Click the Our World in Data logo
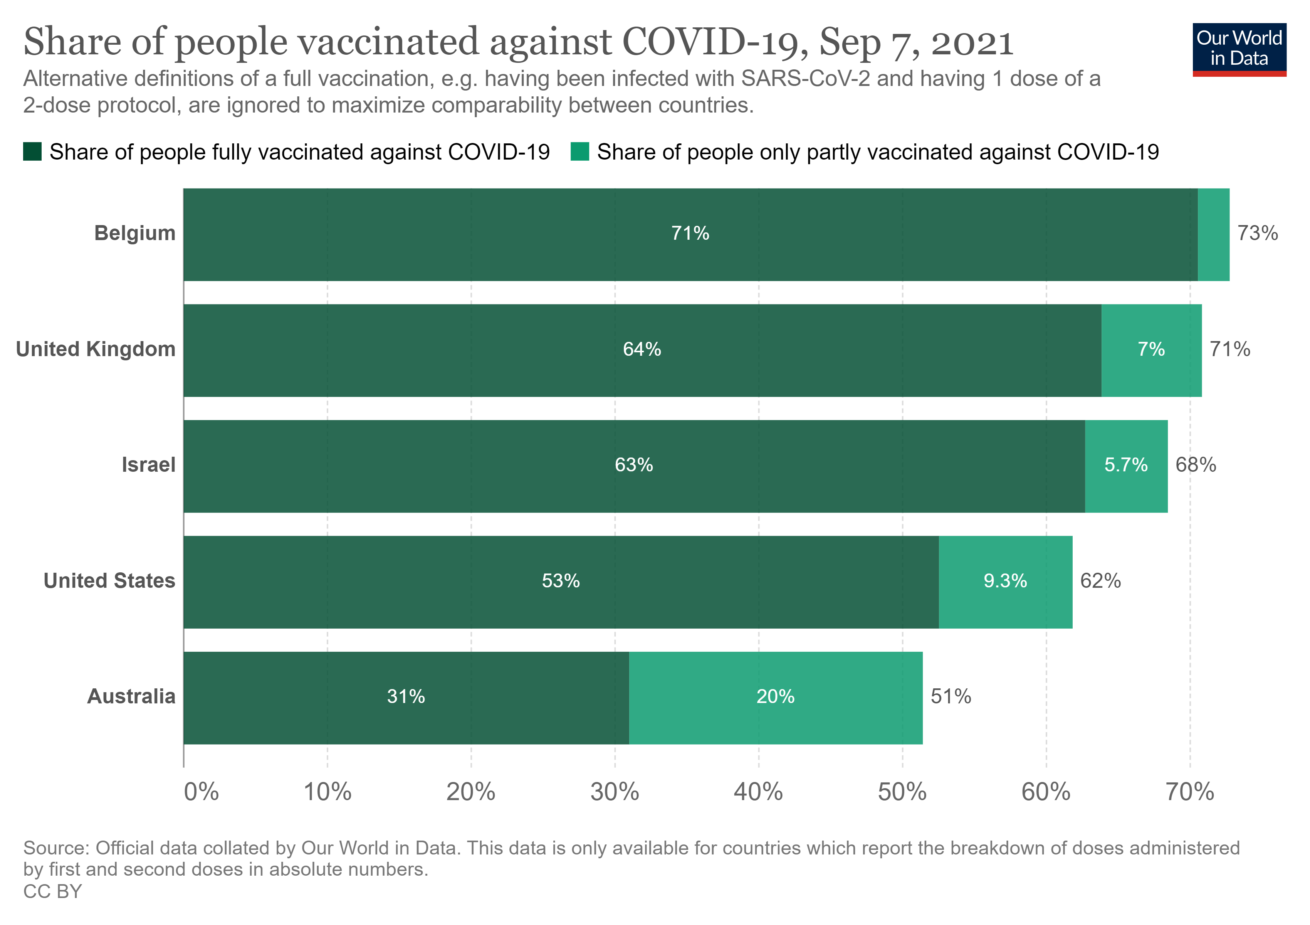pyautogui.click(x=1239, y=49)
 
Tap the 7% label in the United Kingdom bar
pyautogui.click(x=1151, y=349)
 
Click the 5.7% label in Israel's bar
pyautogui.click(x=1126, y=465)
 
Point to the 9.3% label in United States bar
pyautogui.click(x=1005, y=581)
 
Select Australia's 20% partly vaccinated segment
pyautogui.click(x=775, y=697)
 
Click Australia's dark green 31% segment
pyautogui.click(x=406, y=697)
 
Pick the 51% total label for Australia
pyautogui.click(x=951, y=697)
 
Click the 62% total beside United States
pyautogui.click(x=1100, y=581)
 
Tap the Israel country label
pyautogui.click(x=148, y=465)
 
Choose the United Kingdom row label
pyautogui.click(x=96, y=349)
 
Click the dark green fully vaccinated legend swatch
pyautogui.click(x=32, y=152)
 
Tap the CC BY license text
pyautogui.click(x=52, y=891)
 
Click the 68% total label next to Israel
pyautogui.click(x=1195, y=465)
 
